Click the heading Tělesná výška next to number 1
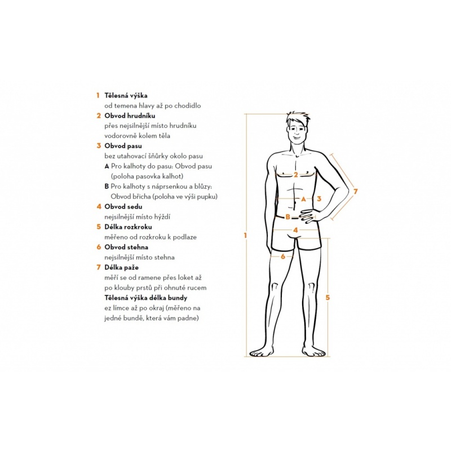(126, 95)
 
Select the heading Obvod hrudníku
(130, 116)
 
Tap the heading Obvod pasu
(123, 146)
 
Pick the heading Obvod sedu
(123, 206)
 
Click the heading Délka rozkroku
(128, 227)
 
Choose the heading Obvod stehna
(126, 247)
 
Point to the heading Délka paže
(121, 267)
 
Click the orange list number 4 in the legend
(99, 206)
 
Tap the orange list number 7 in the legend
(99, 267)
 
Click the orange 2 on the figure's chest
(295, 175)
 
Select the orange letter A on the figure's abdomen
(303, 199)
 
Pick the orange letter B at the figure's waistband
(288, 217)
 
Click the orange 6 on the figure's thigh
(283, 257)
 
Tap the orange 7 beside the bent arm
(355, 191)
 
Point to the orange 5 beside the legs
(328, 298)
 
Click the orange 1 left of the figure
(245, 236)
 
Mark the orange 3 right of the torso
(319, 199)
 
